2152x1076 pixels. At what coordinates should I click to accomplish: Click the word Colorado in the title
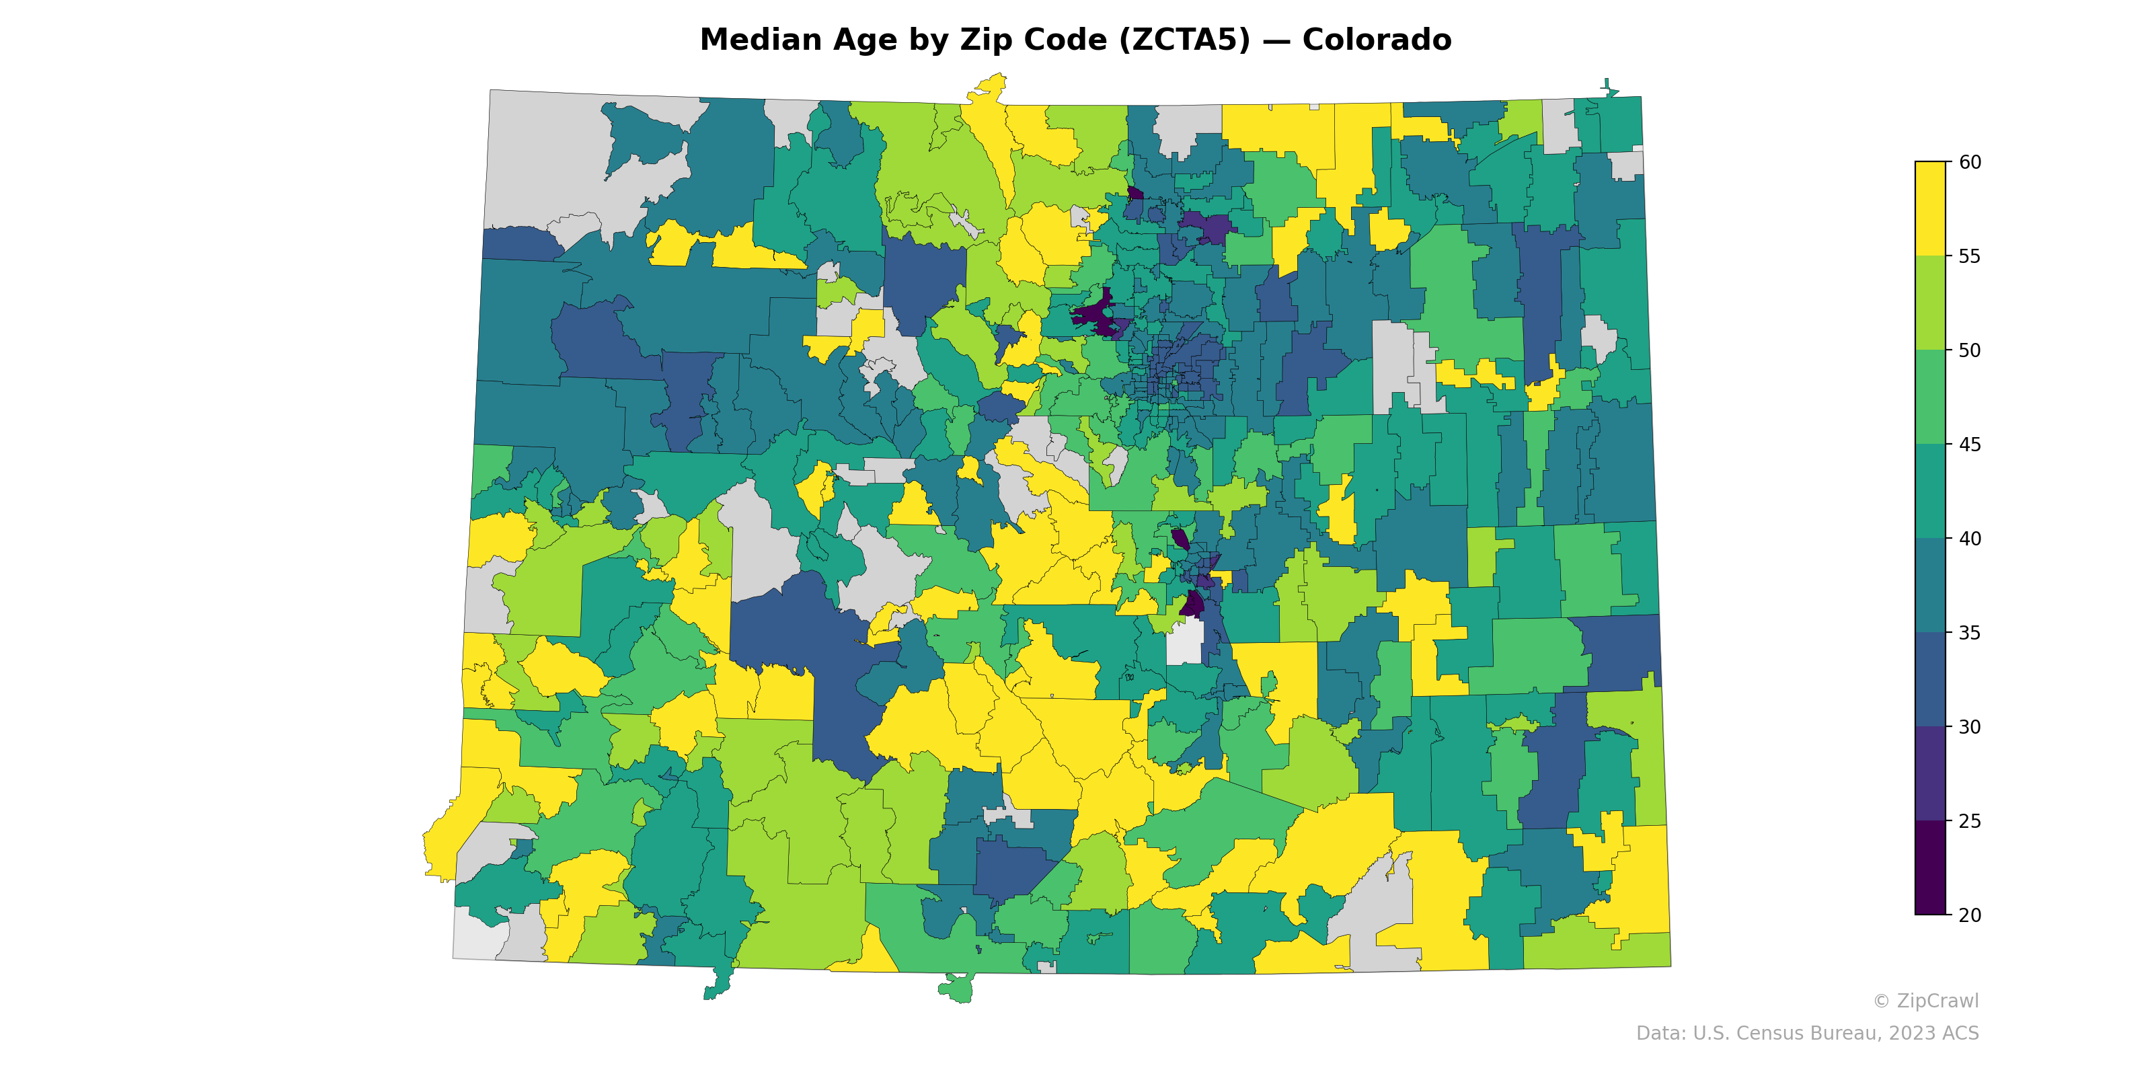point(1376,40)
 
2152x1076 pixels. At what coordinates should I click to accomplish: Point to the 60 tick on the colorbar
point(1969,162)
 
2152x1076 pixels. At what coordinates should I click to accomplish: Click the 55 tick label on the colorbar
point(1969,256)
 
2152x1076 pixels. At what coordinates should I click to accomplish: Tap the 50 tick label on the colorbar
point(1969,351)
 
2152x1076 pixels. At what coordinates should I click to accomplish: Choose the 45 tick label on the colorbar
point(1969,445)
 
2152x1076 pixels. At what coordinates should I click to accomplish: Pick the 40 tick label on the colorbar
point(1969,539)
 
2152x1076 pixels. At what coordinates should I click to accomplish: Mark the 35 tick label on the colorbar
point(1969,633)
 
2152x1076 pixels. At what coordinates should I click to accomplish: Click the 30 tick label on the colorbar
point(1969,727)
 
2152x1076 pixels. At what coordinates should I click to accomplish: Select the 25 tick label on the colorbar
point(1969,821)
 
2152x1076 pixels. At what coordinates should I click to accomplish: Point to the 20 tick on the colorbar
point(1969,915)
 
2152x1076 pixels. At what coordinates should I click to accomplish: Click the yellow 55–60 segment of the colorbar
point(1930,209)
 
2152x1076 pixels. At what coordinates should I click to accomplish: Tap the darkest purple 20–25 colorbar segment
point(1930,868)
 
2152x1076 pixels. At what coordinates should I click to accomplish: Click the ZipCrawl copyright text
point(1925,1001)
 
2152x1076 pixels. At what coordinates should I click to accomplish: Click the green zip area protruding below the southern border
point(956,989)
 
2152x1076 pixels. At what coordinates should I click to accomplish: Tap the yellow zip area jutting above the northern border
point(991,87)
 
